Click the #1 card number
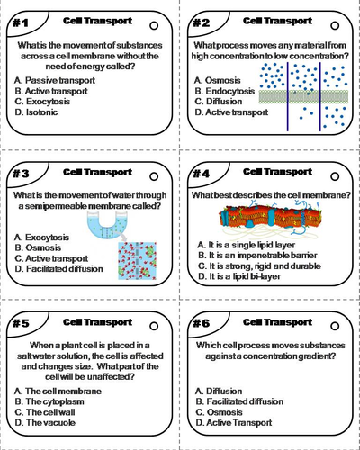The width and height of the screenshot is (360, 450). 21,22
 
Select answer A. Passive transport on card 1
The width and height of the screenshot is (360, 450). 55,80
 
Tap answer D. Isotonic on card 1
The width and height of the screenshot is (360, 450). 36,112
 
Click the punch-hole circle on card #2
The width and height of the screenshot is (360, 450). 335,26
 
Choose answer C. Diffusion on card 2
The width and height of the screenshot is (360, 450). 218,102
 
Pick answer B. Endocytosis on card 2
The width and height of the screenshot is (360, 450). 224,91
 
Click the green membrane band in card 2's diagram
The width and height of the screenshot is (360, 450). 303,97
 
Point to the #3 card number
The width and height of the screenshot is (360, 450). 21,174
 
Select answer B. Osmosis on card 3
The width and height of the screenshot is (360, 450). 38,247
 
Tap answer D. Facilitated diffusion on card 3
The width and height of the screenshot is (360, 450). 58,269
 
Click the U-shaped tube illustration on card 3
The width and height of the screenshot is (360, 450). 107,225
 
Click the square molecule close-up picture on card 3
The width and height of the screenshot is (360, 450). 138,261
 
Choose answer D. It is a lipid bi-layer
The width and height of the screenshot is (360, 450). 239,276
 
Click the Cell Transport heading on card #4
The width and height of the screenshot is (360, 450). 277,172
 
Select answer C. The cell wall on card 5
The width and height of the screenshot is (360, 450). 45,412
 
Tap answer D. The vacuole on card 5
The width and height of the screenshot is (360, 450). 45,423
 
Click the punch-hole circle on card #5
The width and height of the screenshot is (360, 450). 154,326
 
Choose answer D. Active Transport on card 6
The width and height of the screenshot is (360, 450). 234,423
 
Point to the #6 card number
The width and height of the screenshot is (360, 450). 201,323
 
